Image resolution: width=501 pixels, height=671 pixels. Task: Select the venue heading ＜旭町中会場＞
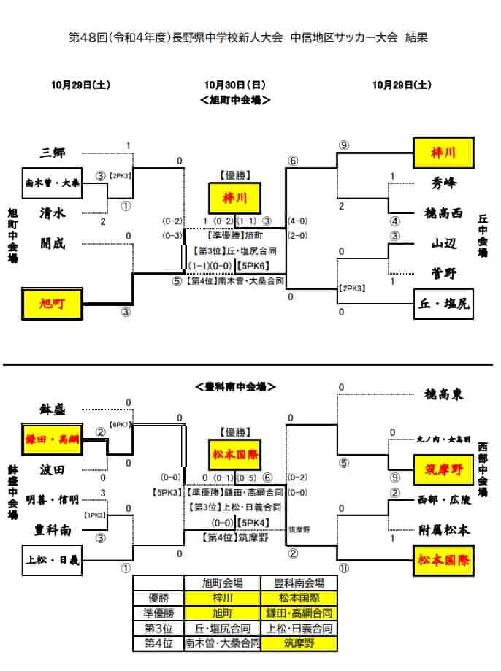point(234,100)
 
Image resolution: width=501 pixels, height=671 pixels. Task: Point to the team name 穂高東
point(443,394)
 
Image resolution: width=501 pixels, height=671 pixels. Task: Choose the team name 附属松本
point(443,530)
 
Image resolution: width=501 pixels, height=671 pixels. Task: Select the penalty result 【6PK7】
point(120,424)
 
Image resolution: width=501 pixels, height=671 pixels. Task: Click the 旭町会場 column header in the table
point(223,583)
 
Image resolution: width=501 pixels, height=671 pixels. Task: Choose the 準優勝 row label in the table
point(158,613)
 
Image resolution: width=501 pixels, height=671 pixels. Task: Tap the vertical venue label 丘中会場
point(483,236)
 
